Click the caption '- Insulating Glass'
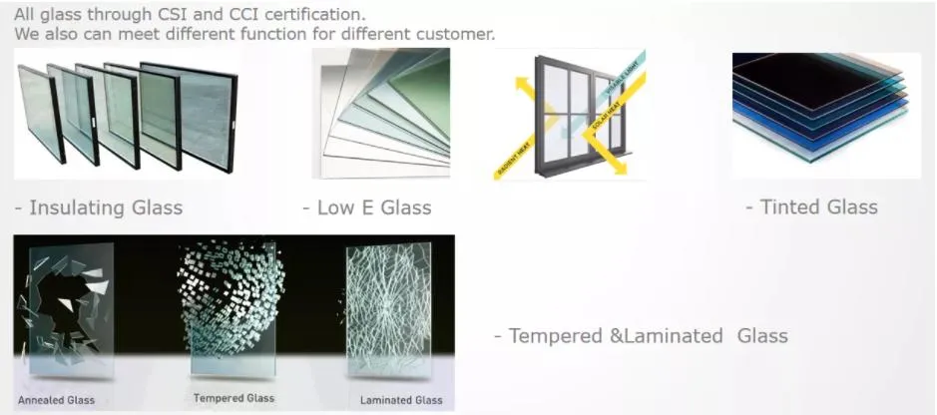click(x=99, y=207)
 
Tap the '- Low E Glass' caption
click(x=367, y=207)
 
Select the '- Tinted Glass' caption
click(x=811, y=207)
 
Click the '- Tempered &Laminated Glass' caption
click(x=641, y=335)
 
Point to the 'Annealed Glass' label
click(x=57, y=400)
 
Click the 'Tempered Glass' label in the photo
click(x=234, y=398)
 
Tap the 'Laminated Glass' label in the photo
click(x=401, y=401)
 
